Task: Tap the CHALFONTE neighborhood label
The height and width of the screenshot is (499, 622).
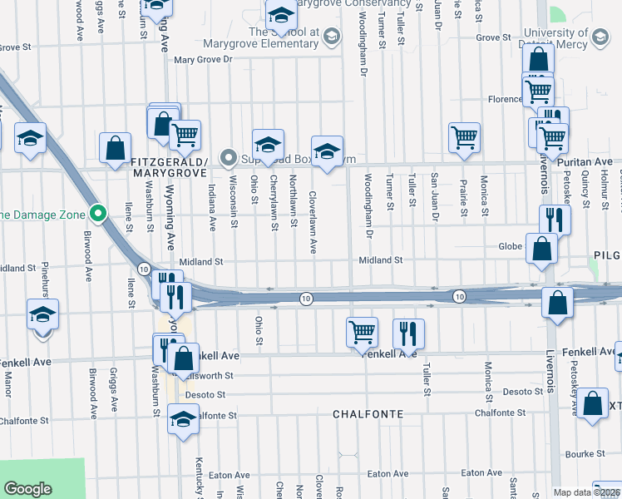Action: coord(368,413)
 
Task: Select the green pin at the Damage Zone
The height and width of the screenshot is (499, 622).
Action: coord(98,214)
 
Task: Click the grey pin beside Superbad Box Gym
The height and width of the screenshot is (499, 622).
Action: coord(229,157)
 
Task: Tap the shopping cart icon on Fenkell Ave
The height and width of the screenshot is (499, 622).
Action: coord(362,332)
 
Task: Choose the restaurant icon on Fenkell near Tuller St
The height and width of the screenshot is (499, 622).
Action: coord(408,333)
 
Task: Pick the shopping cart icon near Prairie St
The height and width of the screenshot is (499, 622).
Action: coord(464,137)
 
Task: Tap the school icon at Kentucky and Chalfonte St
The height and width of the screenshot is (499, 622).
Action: coord(183,417)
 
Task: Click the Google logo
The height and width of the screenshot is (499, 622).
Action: coord(27,488)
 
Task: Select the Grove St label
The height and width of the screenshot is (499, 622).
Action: coord(493,37)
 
